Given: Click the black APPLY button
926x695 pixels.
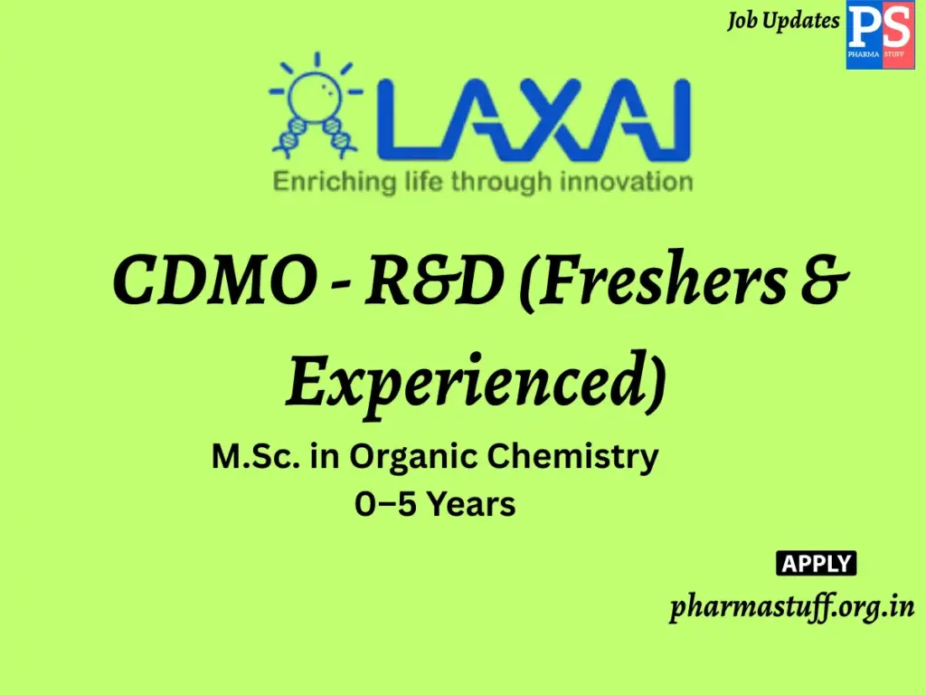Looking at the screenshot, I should [817, 563].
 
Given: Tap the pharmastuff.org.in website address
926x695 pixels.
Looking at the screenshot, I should [792, 606].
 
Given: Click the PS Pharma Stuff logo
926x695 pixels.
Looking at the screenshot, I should [879, 35].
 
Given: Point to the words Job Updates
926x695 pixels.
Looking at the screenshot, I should [783, 21].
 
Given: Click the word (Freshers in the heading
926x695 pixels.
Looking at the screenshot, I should [665, 281].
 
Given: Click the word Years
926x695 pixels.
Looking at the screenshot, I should [471, 504].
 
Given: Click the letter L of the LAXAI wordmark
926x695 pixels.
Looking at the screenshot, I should [408, 118].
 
